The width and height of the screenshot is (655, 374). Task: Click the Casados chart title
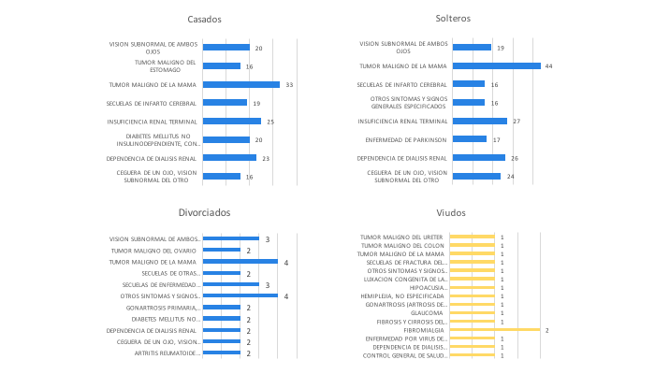click(x=204, y=20)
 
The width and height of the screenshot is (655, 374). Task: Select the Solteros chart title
click(x=453, y=20)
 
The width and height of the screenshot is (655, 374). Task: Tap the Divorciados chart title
click(x=204, y=213)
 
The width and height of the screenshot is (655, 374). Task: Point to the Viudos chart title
click(x=453, y=213)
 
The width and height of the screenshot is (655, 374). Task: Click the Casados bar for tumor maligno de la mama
click(x=240, y=84)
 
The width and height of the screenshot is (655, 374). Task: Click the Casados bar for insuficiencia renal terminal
click(x=231, y=121)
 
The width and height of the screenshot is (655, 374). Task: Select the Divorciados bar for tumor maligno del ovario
click(x=223, y=251)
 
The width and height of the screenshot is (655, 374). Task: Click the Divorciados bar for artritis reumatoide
click(x=223, y=353)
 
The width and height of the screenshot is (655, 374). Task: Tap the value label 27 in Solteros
click(x=517, y=121)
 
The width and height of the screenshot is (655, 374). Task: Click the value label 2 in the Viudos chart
click(x=546, y=330)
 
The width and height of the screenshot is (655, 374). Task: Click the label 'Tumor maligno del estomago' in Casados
click(x=165, y=65)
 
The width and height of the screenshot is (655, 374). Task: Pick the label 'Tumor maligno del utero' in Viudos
click(x=403, y=237)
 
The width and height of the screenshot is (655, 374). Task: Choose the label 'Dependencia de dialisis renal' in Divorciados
click(x=151, y=330)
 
